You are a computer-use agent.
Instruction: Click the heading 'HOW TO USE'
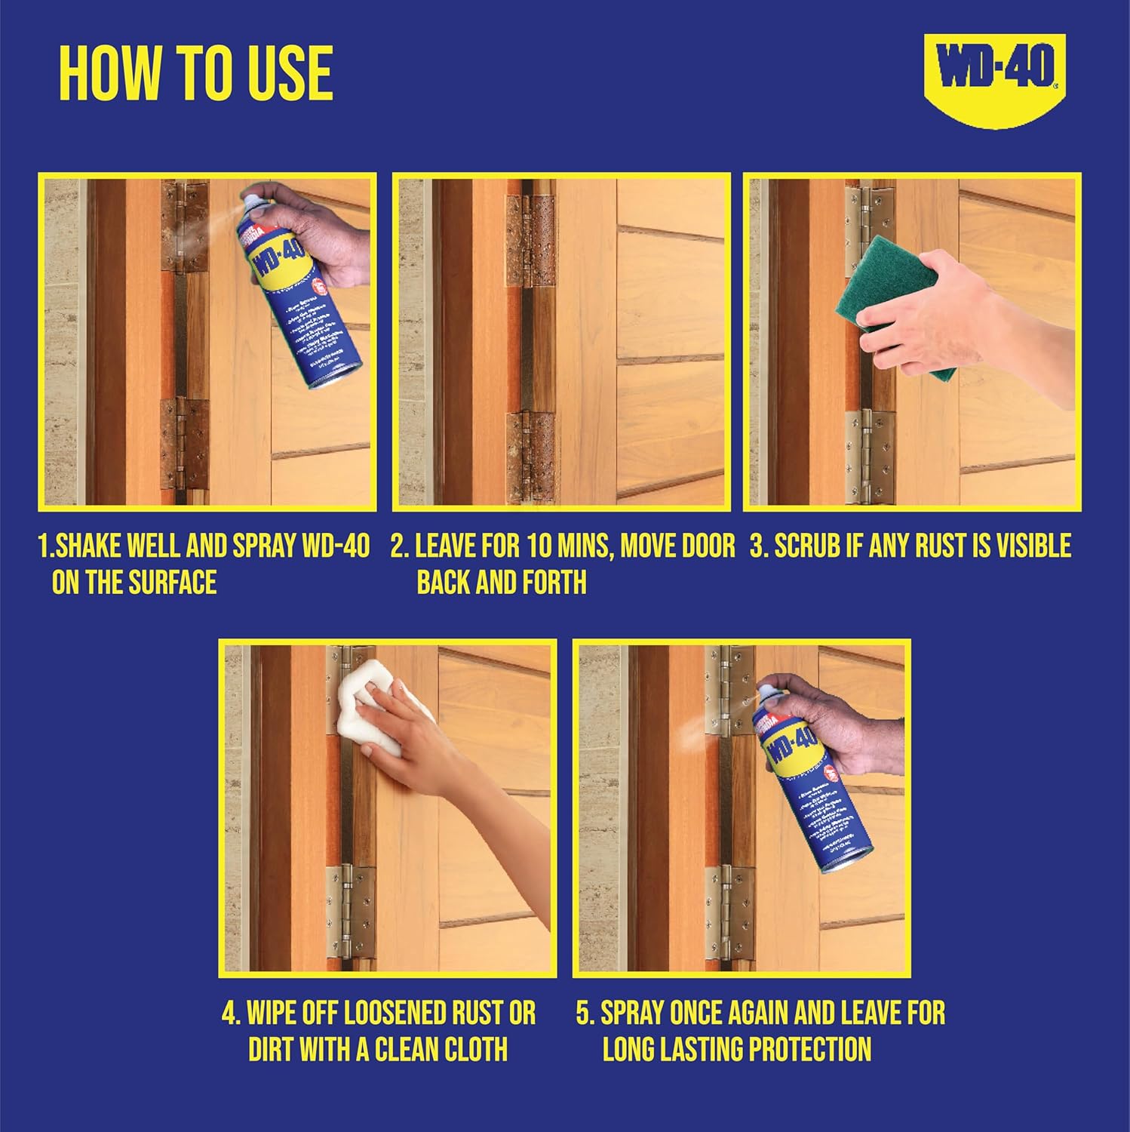pyautogui.click(x=196, y=73)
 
